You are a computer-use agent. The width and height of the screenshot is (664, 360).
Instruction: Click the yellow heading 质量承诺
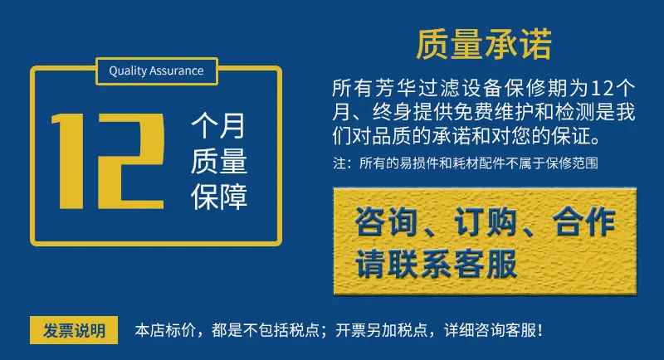coord(484,44)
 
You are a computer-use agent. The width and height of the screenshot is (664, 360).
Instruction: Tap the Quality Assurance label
coord(156,71)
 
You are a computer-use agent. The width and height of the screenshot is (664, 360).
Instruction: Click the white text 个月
coord(218,126)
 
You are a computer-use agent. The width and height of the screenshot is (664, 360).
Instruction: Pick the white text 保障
coord(218,197)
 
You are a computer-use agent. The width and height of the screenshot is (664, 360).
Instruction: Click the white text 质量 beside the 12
coord(218,161)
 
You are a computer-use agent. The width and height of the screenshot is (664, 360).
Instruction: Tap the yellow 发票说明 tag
coord(74,330)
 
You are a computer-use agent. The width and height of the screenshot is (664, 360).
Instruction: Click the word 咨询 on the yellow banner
coord(386,221)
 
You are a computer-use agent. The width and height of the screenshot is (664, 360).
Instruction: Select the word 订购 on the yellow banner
coord(486,221)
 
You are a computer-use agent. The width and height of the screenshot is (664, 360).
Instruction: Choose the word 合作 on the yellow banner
coord(584,221)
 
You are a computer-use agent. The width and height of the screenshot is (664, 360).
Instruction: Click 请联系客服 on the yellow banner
coord(437,264)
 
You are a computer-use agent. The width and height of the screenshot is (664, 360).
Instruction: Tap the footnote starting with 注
coord(466,163)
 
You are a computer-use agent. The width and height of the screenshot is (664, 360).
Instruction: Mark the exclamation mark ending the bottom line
coord(539,330)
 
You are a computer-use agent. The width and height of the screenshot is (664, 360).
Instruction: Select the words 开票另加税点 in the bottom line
coord(382,330)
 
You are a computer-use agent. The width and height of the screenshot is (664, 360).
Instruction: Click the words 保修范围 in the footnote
coord(572,163)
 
